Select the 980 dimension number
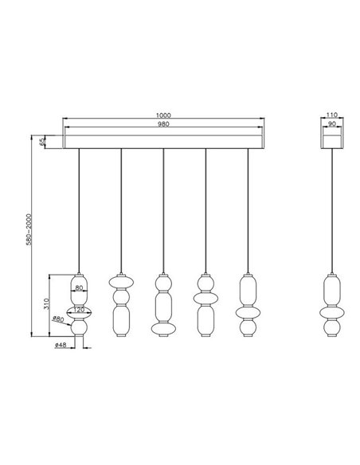[165, 126]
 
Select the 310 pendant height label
[49, 304]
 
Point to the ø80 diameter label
[57, 319]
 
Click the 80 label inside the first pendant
[79, 287]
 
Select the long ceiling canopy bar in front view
[165, 141]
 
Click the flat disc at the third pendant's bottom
[164, 327]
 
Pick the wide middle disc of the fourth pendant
[206, 299]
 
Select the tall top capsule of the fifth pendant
[248, 287]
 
